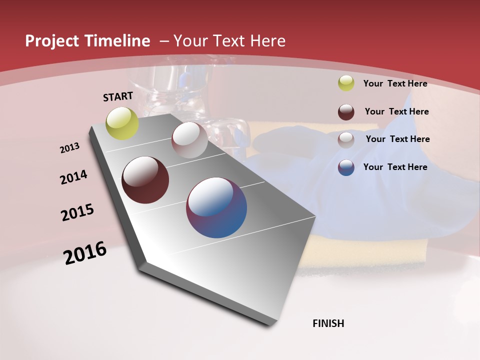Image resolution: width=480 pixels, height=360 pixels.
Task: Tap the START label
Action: (x=118, y=96)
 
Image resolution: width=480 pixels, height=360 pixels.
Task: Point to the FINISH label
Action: (x=328, y=323)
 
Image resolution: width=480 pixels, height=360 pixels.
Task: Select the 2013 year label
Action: (x=70, y=148)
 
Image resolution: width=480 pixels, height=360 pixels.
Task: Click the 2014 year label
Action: (x=73, y=177)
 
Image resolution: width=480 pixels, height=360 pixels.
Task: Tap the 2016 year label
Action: (x=85, y=253)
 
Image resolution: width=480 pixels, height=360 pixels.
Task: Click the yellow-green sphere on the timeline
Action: (x=122, y=123)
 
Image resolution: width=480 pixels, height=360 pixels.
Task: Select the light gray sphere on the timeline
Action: (x=189, y=140)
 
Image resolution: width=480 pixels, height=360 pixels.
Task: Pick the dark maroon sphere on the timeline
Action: (x=145, y=180)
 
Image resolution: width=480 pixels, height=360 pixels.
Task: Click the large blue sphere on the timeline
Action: (x=216, y=207)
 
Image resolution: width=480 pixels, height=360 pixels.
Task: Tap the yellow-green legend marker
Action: (x=346, y=83)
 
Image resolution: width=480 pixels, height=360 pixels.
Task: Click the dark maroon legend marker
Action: (x=346, y=112)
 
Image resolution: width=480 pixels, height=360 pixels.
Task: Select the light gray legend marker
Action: (x=346, y=140)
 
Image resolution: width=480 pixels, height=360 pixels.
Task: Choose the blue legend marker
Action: (x=346, y=167)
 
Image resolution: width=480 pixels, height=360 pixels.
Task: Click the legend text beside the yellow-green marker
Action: (x=395, y=83)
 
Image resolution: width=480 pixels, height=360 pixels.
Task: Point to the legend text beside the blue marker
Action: (x=395, y=167)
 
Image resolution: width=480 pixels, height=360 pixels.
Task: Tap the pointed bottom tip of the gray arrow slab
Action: (x=268, y=323)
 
